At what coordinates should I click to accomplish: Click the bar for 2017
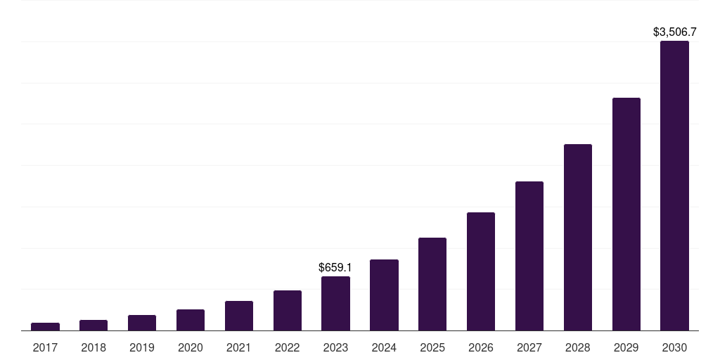(x=45, y=326)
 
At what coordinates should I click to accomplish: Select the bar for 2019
(x=142, y=323)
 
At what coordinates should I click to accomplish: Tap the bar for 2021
(x=239, y=316)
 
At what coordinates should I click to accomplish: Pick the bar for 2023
(x=335, y=303)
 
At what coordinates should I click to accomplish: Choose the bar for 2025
(x=432, y=284)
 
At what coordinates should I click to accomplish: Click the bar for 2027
(x=529, y=256)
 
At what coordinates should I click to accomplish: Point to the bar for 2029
(x=626, y=214)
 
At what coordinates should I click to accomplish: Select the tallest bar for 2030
(x=674, y=186)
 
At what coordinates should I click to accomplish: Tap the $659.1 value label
(x=335, y=267)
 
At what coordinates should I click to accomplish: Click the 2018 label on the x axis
(x=94, y=347)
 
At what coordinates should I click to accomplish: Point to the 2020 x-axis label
(x=191, y=347)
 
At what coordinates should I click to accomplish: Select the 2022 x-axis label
(x=288, y=347)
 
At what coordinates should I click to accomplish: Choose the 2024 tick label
(x=384, y=347)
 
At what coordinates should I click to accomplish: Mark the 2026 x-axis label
(x=481, y=347)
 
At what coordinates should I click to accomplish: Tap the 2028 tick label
(x=578, y=347)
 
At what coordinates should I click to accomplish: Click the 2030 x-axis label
(x=674, y=347)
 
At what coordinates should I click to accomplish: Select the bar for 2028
(x=578, y=237)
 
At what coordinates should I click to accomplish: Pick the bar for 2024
(x=384, y=295)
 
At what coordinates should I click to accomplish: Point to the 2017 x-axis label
(x=45, y=347)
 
